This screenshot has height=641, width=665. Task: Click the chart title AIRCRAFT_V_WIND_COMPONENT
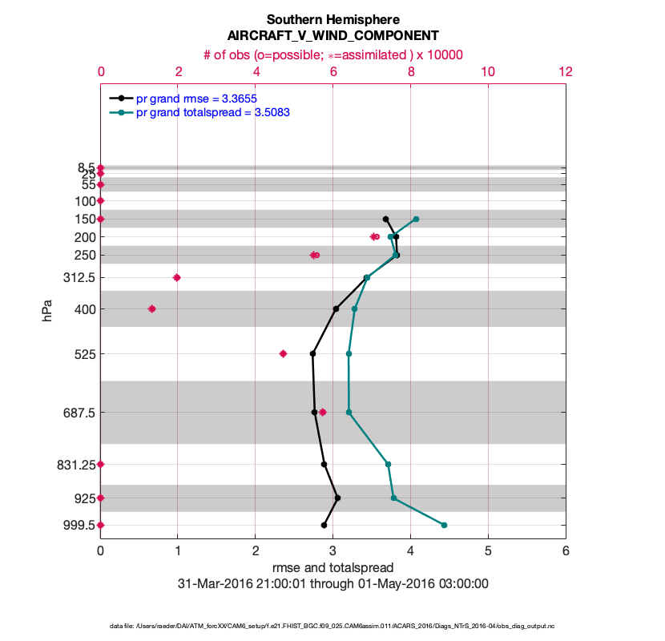pyautogui.click(x=332, y=36)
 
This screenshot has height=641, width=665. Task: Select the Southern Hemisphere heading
pyautogui.click(x=332, y=19)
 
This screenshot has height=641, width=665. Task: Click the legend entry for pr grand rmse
pyautogui.click(x=196, y=99)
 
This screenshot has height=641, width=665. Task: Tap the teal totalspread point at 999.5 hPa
pyautogui.click(x=444, y=525)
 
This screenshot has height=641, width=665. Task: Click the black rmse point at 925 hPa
pyautogui.click(x=337, y=498)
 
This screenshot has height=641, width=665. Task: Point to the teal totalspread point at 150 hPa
pyautogui.click(x=416, y=219)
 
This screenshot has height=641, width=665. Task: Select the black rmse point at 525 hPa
pyautogui.click(x=312, y=353)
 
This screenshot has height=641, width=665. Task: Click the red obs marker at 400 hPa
pyautogui.click(x=151, y=308)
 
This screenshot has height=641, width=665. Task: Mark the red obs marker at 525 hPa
pyautogui.click(x=283, y=353)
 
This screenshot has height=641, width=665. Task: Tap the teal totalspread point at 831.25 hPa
pyautogui.click(x=388, y=464)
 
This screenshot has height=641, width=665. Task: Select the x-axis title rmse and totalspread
pyautogui.click(x=332, y=568)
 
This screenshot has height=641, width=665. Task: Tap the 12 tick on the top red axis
pyautogui.click(x=566, y=71)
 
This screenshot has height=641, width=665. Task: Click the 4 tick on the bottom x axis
pyautogui.click(x=410, y=551)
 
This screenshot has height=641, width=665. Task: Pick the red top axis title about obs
pyautogui.click(x=332, y=54)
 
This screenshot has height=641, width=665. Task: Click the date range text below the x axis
pyautogui.click(x=332, y=584)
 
